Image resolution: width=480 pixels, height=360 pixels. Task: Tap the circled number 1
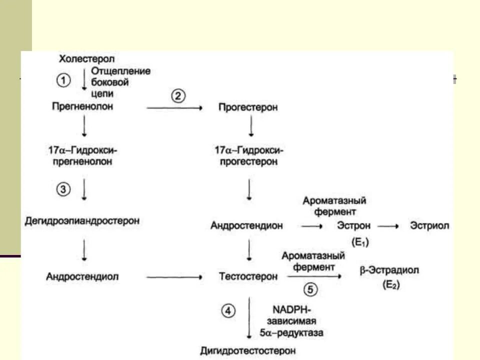point(63,80)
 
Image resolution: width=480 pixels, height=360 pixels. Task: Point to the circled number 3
point(63,189)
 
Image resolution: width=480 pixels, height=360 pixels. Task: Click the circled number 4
point(227,311)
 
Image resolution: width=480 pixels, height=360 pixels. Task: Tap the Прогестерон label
point(248,107)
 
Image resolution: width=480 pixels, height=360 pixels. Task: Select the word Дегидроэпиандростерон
point(82,221)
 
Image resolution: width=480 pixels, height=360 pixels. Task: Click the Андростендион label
point(246,226)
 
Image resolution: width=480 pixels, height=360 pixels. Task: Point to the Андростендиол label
point(83,276)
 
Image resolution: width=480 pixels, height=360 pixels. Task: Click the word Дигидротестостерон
point(248,351)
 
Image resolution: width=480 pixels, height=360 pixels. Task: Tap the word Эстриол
point(429,226)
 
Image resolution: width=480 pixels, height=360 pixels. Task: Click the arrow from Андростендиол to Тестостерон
point(174,276)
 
